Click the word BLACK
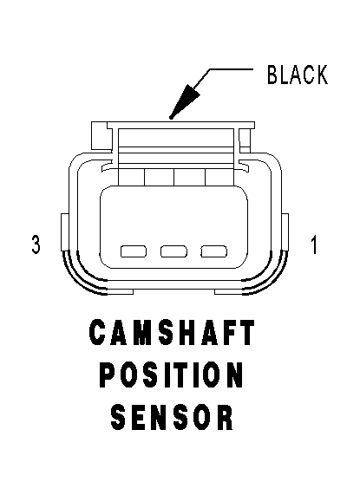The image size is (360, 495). point(298,75)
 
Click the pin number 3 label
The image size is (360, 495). point(36,244)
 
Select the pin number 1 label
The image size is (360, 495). point(314,244)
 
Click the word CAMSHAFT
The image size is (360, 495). point(172,332)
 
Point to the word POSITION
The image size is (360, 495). point(172,375)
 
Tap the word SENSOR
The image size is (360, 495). point(172,417)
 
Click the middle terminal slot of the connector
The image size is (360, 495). point(173,251)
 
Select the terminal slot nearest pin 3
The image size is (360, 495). point(134,251)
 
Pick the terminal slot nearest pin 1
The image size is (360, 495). point(213,251)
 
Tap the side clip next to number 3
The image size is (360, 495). point(64,232)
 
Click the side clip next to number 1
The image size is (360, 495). point(285,232)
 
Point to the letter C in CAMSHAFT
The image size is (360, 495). point(97,332)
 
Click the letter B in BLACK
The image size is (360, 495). point(272,75)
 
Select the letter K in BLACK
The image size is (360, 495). point(322,75)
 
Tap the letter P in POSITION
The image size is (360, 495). point(107,375)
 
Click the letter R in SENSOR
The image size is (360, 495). point(226,417)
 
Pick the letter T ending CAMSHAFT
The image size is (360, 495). point(247,332)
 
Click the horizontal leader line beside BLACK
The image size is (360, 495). point(231,68)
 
